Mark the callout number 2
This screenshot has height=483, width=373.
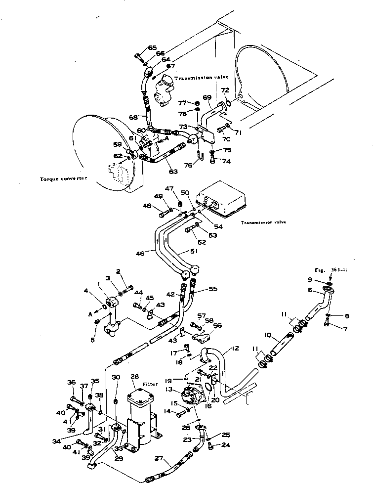tap(119, 271)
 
